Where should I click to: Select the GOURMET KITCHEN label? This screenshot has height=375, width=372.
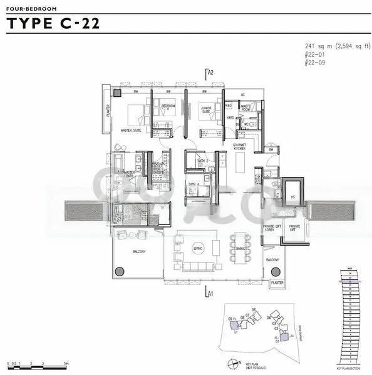click(239, 147)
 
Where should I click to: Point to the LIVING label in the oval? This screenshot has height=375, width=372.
click(198, 249)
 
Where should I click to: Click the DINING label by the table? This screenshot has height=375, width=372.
click(240, 249)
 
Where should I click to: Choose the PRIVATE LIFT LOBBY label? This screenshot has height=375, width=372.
click(272, 228)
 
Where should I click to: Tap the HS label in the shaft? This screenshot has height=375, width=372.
click(292, 197)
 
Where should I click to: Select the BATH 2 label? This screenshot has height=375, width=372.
click(202, 161)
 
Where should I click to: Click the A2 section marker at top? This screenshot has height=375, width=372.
click(210, 72)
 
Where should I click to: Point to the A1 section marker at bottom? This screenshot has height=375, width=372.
click(210, 292)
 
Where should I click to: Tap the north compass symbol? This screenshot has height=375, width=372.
click(233, 362)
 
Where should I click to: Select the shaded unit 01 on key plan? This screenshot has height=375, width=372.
click(284, 336)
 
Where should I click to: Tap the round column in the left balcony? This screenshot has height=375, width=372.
click(119, 270)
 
